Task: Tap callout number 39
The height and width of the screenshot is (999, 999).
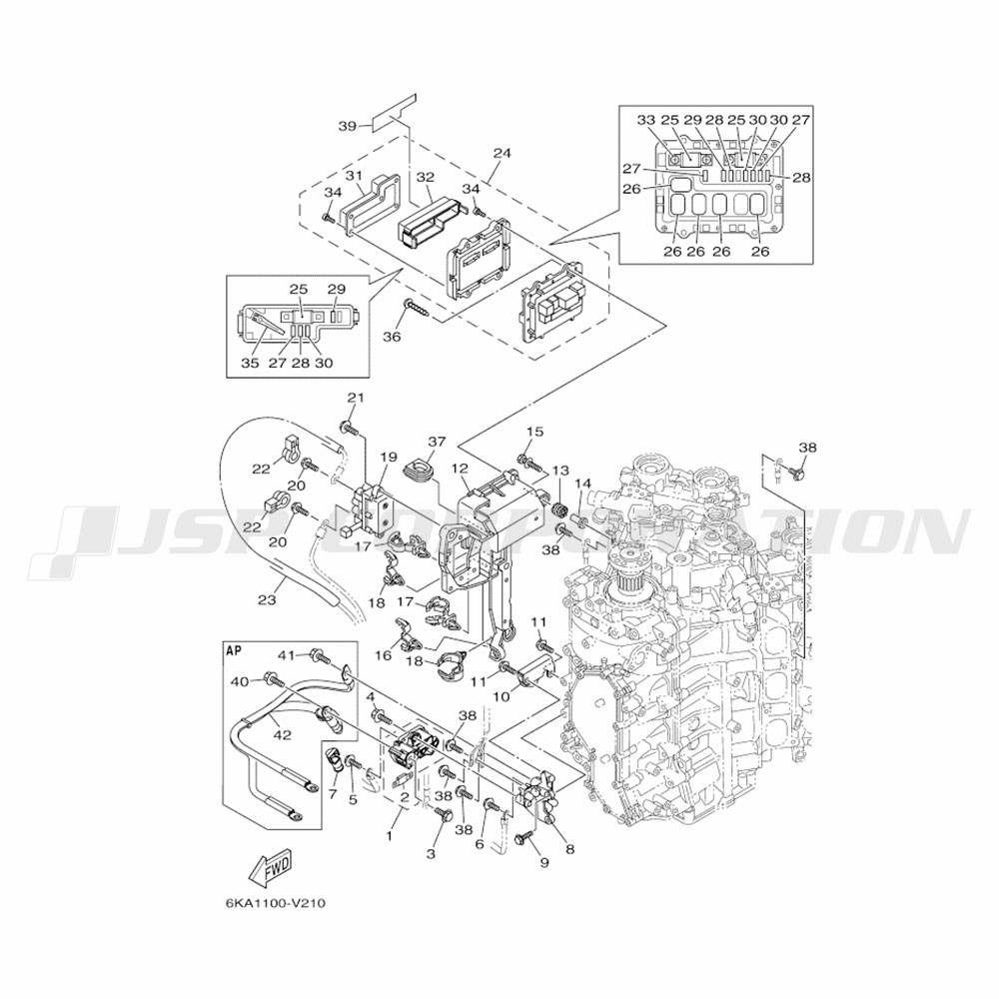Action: tap(347, 126)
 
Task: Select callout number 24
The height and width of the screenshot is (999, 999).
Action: tap(501, 154)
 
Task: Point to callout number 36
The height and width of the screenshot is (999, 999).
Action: tap(392, 337)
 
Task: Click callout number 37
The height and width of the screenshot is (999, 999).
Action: tap(437, 442)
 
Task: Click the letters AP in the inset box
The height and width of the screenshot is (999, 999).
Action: tap(236, 648)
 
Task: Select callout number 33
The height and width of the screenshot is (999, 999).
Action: tap(646, 120)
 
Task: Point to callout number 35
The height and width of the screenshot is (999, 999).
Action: tap(250, 363)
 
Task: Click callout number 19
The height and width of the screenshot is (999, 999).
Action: tap(388, 457)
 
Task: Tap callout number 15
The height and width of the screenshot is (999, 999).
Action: tap(535, 432)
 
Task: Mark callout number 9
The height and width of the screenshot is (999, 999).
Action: tap(544, 861)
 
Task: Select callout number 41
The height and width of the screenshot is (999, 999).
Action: tap(287, 655)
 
